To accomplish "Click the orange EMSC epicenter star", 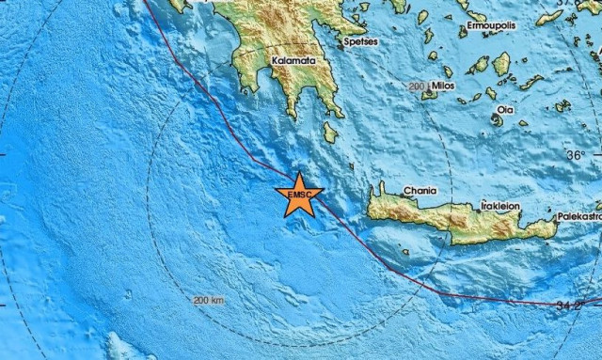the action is coord(299,195).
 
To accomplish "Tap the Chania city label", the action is coord(420,191).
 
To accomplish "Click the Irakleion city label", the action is coord(500,203).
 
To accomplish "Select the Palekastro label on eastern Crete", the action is coord(578,215).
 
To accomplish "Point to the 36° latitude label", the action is coord(575,154).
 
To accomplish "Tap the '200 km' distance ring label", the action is coord(209,301).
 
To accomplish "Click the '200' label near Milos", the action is coord(419,86).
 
